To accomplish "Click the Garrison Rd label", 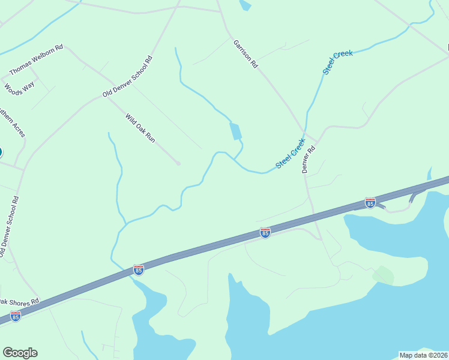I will [x=245, y=54].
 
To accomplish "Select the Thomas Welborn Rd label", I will [x=37, y=61].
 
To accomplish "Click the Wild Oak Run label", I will [x=140, y=128].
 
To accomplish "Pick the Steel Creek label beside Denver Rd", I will [x=291, y=154].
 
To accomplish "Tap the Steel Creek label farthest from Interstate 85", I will [x=338, y=62].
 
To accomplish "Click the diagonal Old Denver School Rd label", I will [x=127, y=77].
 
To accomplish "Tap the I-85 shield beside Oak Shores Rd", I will [x=16, y=316].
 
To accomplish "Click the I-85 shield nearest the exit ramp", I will [x=370, y=203].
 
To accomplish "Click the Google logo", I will [x=20, y=352].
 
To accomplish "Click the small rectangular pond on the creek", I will [x=235, y=131].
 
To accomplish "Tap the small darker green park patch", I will [x=383, y=275].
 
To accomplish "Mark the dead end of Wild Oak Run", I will [x=178, y=163].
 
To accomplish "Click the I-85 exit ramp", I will [x=415, y=195].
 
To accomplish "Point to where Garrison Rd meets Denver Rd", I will [x=306, y=133].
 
